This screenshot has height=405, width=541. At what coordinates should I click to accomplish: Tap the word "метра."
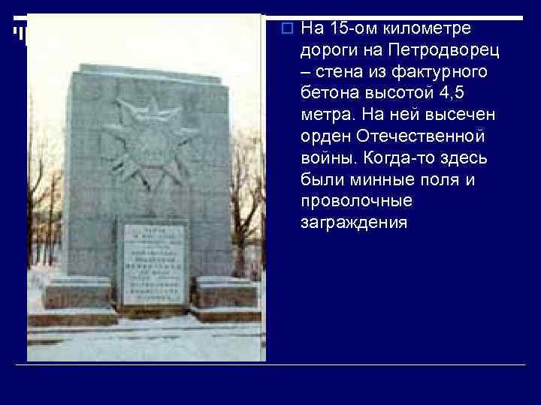327,115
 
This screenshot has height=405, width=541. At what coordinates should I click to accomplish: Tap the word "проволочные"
356,202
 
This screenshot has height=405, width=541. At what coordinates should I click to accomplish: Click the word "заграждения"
354,223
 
